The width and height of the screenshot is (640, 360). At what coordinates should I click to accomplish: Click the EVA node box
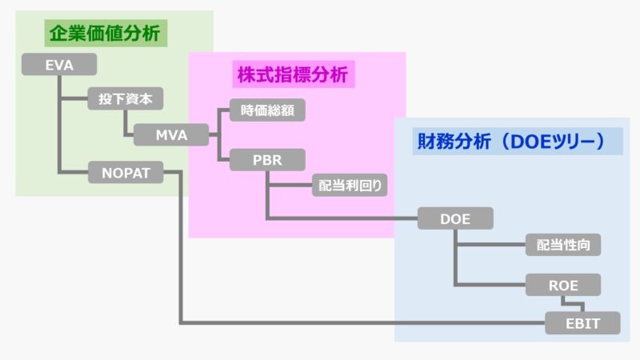pos(59,65)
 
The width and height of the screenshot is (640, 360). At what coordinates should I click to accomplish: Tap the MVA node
pos(171,134)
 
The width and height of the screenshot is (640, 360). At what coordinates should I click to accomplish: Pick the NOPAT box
pos(126,172)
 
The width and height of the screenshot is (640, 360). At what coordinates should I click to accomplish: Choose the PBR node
pos(267,159)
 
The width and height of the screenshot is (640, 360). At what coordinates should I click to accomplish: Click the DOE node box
pos(455,218)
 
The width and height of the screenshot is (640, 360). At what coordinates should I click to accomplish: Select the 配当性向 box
pos(562,245)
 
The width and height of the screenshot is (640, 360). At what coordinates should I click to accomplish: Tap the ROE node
pos(562,284)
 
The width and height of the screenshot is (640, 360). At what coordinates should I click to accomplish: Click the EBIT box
pos(582,323)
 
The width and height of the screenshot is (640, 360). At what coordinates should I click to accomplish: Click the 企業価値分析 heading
pos(105,34)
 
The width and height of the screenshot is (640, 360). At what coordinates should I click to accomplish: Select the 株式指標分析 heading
pos(292,74)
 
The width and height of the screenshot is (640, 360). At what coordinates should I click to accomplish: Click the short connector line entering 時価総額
pos(223,110)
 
